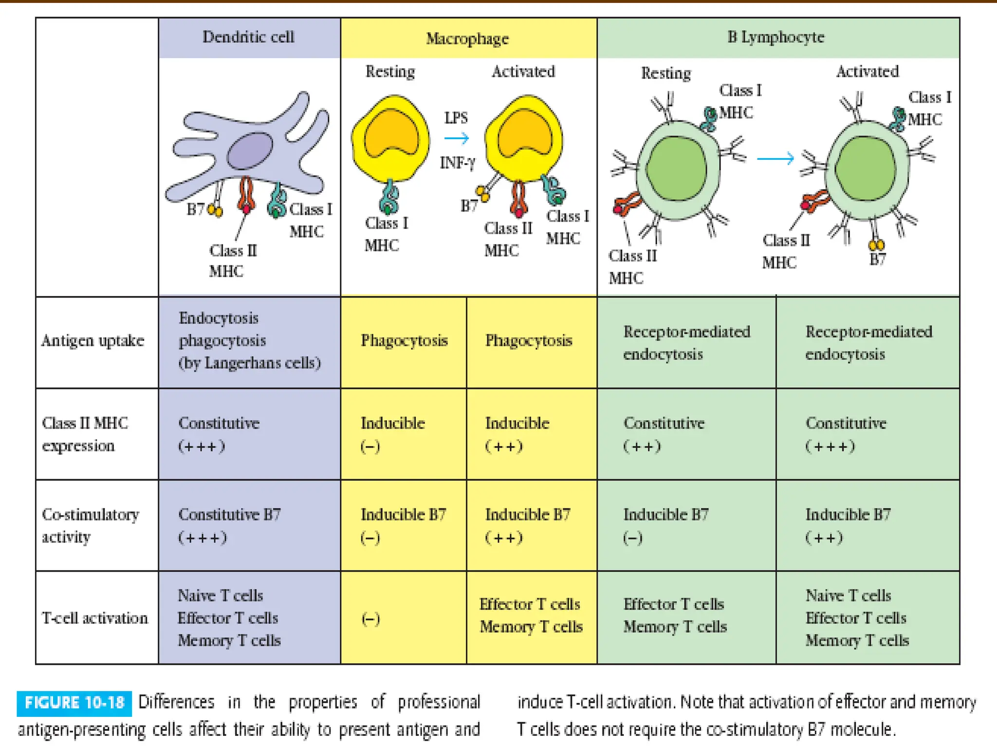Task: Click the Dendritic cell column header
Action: pos(248,37)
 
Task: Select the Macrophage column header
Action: pos(467,39)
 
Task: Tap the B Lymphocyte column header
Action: pos(776,37)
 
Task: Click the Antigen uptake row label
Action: pos(93,340)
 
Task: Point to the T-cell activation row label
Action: pos(95,618)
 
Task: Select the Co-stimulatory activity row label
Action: pos(90,525)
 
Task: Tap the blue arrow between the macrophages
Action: pos(457,139)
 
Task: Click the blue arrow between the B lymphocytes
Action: pos(775,158)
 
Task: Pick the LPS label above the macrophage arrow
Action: pos(456,118)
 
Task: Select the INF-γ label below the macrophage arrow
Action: pos(457,162)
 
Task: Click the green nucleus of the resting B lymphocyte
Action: pos(677,168)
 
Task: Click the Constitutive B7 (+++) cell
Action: pos(229,525)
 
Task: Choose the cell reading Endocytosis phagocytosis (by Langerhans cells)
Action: pos(249,340)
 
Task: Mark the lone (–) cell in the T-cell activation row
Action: pos(370,619)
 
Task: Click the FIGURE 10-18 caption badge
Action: pos(74,703)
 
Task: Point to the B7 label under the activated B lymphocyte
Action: pos(877,259)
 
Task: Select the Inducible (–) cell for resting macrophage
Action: pos(392,434)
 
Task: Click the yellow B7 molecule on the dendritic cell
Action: pos(215,210)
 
